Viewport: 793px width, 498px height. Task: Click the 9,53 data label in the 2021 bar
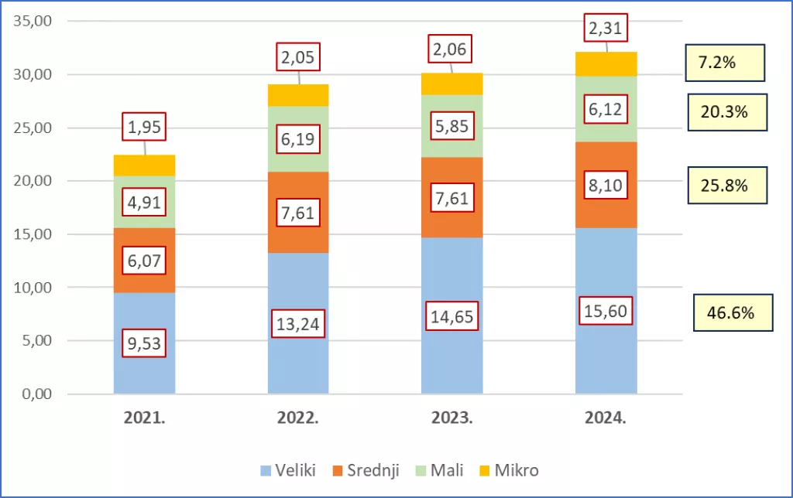(144, 343)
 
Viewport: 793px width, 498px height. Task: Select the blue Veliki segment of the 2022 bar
(298, 363)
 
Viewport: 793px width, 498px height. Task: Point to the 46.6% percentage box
(733, 313)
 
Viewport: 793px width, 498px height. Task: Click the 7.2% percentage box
(726, 63)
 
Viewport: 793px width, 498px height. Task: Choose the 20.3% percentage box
(727, 112)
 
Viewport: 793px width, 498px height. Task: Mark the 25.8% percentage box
(727, 186)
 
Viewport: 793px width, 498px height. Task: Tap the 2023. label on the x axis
(451, 418)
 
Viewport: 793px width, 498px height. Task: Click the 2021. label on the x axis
(144, 418)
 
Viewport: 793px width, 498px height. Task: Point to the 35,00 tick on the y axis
(33, 21)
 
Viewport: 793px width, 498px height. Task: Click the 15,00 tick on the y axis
(33, 234)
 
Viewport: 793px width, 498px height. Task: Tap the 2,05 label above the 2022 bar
(298, 56)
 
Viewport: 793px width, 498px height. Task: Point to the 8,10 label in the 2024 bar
(606, 186)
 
